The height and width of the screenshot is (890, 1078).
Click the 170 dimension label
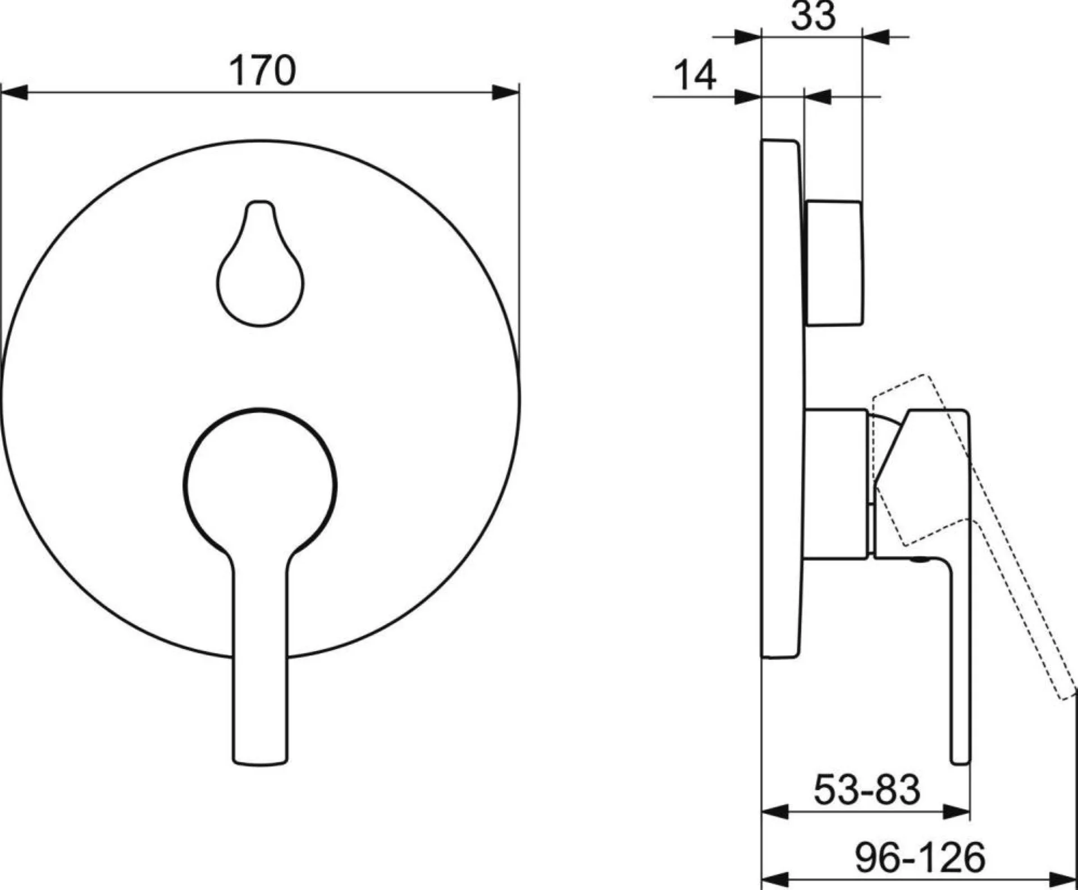262,71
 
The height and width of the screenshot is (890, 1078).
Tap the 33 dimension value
813,15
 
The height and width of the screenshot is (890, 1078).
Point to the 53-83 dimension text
867,789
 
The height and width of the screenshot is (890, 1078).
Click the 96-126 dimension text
920,857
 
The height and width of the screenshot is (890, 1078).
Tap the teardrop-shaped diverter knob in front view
261,263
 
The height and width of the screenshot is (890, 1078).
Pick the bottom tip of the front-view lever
261,763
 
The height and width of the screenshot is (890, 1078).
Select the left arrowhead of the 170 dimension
13,93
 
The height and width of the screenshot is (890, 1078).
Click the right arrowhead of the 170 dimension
505,93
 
